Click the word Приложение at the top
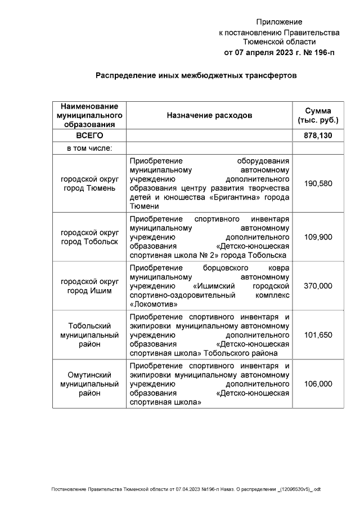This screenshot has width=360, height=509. pyautogui.click(x=279, y=22)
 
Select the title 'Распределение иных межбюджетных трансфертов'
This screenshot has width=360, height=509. pyautogui.click(x=195, y=75)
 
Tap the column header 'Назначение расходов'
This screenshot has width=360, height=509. pyautogui.click(x=209, y=115)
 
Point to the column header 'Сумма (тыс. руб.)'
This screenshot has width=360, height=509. pyautogui.click(x=318, y=115)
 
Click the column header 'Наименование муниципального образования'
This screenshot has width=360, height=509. pyautogui.click(x=89, y=115)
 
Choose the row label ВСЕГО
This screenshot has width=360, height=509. pyautogui.click(x=89, y=136)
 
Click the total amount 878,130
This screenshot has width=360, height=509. pyautogui.click(x=318, y=136)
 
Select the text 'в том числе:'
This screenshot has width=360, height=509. pyautogui.click(x=89, y=148)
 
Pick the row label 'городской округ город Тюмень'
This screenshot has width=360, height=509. pyautogui.click(x=89, y=183)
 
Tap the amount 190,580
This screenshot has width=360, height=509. pyautogui.click(x=318, y=183)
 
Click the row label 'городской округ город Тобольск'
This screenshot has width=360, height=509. pyautogui.click(x=89, y=237)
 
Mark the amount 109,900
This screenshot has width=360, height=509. pyautogui.click(x=318, y=237)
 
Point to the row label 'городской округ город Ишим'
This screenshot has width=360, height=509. pyautogui.click(x=89, y=286)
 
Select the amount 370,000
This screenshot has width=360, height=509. pyautogui.click(x=318, y=286)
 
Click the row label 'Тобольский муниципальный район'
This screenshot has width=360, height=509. pyautogui.click(x=89, y=335)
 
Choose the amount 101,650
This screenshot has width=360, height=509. pyautogui.click(x=318, y=335)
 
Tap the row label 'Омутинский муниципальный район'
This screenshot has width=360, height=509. pyautogui.click(x=89, y=384)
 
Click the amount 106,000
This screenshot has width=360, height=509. pyautogui.click(x=318, y=384)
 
